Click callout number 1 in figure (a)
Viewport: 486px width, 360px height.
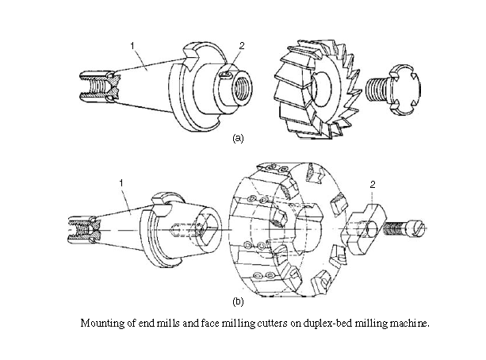click(132, 46)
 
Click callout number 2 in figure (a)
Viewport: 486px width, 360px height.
click(241, 46)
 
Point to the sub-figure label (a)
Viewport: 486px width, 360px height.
click(236, 137)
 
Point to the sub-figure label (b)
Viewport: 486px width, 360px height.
click(236, 301)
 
